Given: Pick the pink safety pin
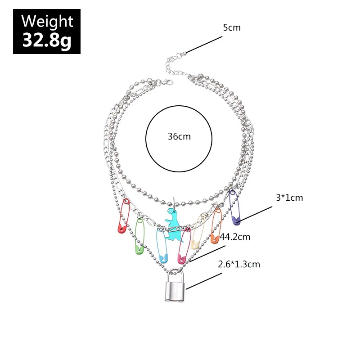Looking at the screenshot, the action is click(x=184, y=247).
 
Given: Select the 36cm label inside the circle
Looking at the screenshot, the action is click(x=179, y=136).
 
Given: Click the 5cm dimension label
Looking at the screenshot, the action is click(x=232, y=27).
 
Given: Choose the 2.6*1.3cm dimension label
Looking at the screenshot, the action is click(x=238, y=265).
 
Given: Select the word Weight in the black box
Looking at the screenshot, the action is click(x=47, y=21).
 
